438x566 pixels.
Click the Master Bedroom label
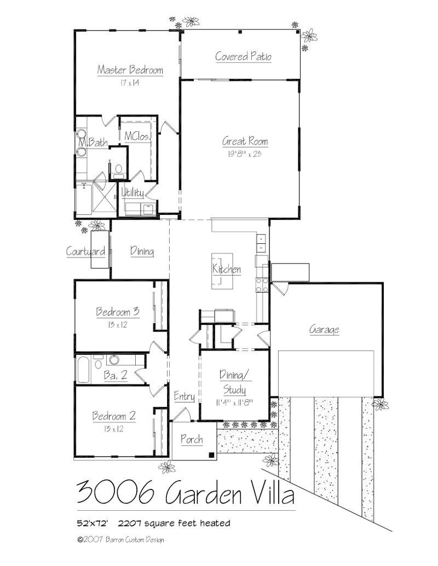130,70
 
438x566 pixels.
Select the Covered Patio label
243,56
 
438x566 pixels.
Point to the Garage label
324,330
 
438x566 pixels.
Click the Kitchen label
227,270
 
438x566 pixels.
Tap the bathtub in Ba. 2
84,370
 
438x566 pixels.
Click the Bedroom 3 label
117,312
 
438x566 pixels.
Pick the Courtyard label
85,252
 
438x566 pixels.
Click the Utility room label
132,193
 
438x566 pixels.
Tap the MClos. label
137,136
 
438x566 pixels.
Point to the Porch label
191,439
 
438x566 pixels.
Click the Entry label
184,396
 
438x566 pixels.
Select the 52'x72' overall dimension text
93,523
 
